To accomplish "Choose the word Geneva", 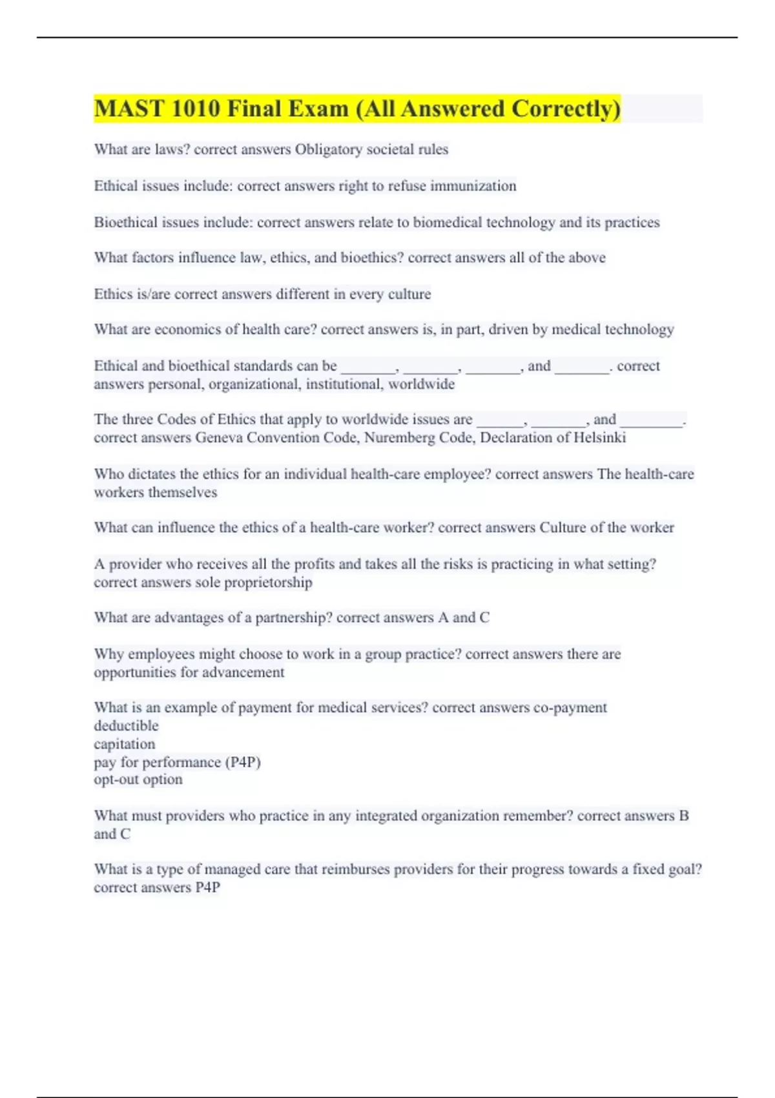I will coord(219,438).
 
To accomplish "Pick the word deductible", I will coord(126,726).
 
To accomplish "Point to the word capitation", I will coord(125,744).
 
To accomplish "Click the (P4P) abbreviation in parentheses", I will coord(243,762).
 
